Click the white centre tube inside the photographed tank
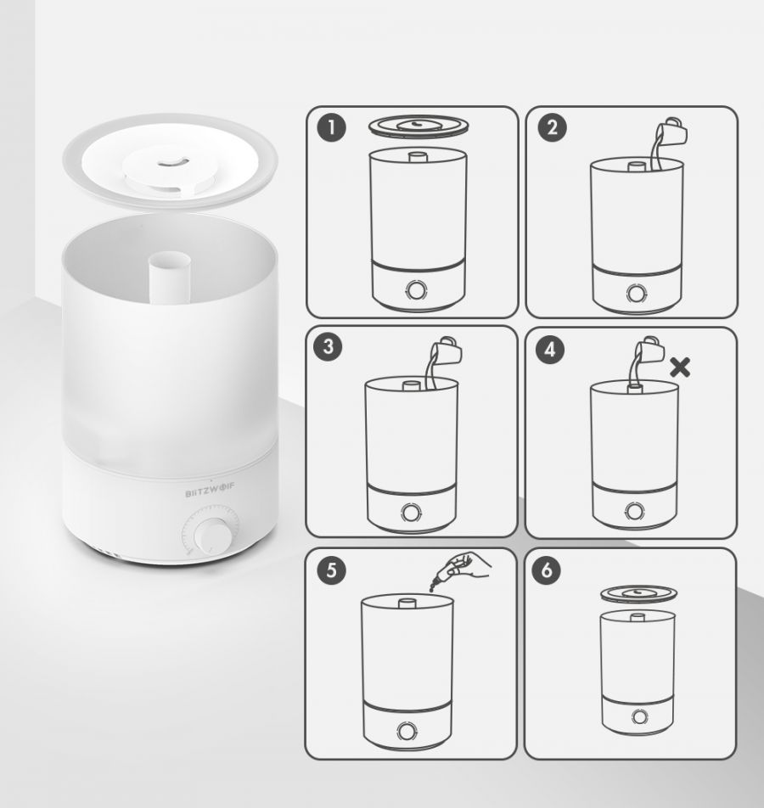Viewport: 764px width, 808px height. pyautogui.click(x=170, y=278)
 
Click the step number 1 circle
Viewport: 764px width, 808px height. pyautogui.click(x=331, y=127)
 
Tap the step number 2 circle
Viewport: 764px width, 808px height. pyautogui.click(x=552, y=127)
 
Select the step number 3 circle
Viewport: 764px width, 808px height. pyautogui.click(x=329, y=346)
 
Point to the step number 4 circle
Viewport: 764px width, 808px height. pyautogui.click(x=549, y=350)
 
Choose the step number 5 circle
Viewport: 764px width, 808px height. pyautogui.click(x=331, y=570)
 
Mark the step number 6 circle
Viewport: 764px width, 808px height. pyautogui.click(x=547, y=570)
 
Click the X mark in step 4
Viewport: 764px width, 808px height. pyautogui.click(x=680, y=368)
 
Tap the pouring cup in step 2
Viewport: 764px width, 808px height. pyautogui.click(x=671, y=132)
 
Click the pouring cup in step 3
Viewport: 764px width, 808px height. pyautogui.click(x=447, y=351)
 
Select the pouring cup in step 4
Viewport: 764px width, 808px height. pyautogui.click(x=645, y=351)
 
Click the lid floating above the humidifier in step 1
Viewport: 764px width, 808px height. pyautogui.click(x=419, y=126)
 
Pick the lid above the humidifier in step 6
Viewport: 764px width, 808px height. pyautogui.click(x=638, y=595)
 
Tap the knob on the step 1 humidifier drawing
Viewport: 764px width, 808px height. pyautogui.click(x=416, y=290)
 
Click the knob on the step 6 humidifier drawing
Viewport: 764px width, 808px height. pyautogui.click(x=640, y=717)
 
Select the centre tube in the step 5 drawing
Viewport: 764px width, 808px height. pyautogui.click(x=407, y=603)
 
